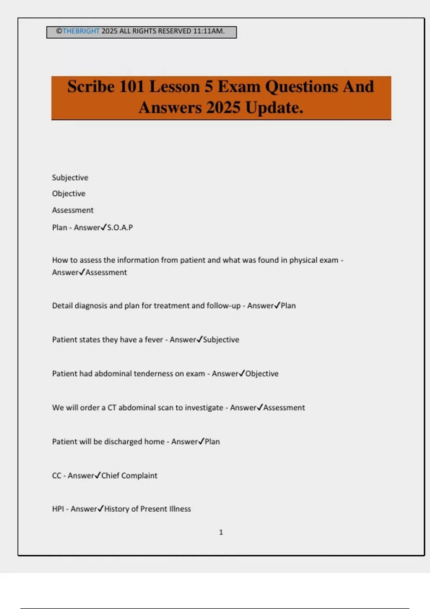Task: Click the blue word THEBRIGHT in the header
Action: [x=81, y=31]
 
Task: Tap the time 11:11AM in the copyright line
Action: [x=209, y=31]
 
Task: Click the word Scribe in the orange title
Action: [x=91, y=87]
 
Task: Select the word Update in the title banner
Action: [x=274, y=107]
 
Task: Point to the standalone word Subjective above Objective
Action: [x=70, y=178]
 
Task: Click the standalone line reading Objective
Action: [x=68, y=193]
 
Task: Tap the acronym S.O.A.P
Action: [x=120, y=227]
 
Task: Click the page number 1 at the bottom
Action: [x=221, y=532]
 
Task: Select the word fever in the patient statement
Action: [x=154, y=340]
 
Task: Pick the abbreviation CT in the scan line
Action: [x=112, y=408]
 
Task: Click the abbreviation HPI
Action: [x=58, y=509]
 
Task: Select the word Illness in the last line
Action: [x=180, y=509]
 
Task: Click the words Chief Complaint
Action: [x=129, y=476]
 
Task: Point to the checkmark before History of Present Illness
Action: [x=101, y=508]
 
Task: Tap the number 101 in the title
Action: [x=132, y=87]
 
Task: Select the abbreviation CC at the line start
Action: [x=57, y=476]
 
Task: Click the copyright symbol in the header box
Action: [x=59, y=31]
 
